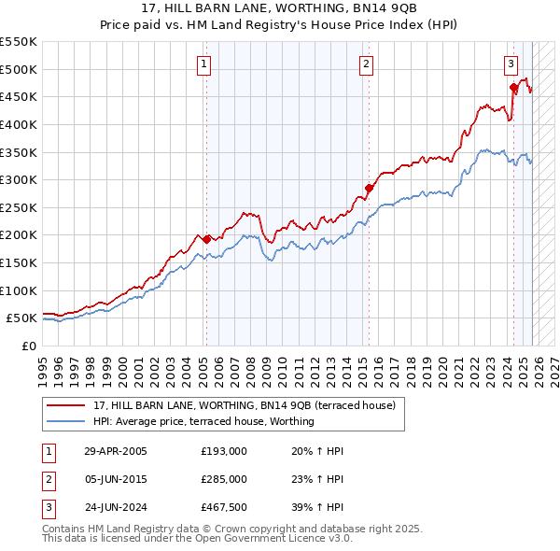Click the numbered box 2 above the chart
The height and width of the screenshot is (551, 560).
366,64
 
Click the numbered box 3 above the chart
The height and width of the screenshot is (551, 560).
511,64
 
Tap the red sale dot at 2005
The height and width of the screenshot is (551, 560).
206,239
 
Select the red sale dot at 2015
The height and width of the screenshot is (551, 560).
369,188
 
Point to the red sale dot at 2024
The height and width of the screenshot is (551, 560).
513,88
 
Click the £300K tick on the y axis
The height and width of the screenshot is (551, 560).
19,179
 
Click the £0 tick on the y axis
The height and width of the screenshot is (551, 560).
29,346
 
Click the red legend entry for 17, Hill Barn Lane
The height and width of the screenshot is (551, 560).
245,405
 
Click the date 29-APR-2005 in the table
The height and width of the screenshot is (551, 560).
116,451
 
